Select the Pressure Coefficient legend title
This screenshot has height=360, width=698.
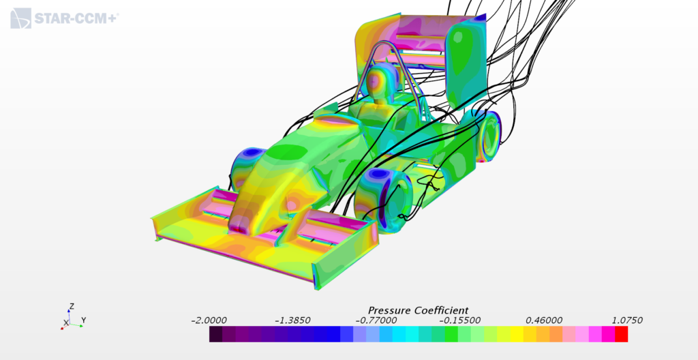pyautogui.click(x=418, y=310)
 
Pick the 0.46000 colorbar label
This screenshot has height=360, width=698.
pyautogui.click(x=543, y=320)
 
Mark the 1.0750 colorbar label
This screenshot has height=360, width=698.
pyautogui.click(x=626, y=320)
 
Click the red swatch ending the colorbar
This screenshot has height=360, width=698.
pyautogui.click(x=621, y=334)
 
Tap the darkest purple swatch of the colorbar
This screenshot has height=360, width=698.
pyautogui.click(x=216, y=334)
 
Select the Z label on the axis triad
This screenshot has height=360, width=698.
pyautogui.click(x=71, y=307)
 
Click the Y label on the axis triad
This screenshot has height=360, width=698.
pyautogui.click(x=83, y=320)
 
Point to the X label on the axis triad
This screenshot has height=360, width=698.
pyautogui.click(x=66, y=322)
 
